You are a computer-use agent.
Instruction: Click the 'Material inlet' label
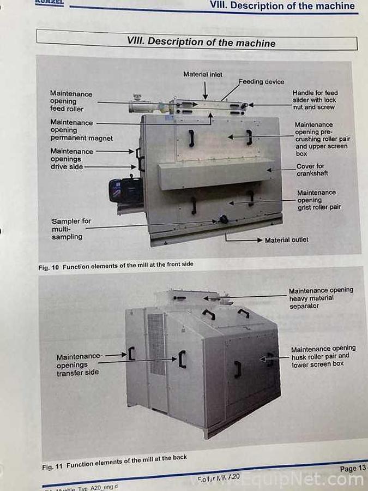coord(203,74)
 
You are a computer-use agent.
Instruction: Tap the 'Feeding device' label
coord(261,82)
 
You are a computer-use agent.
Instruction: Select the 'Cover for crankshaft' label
coord(310,170)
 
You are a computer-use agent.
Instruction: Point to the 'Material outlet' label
coord(286,240)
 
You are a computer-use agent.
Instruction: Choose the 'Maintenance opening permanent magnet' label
coord(81,130)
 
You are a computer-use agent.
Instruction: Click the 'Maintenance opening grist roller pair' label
coord(319,200)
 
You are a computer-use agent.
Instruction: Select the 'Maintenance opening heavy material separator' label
coord(321,298)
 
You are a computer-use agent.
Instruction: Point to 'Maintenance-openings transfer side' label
coord(79,364)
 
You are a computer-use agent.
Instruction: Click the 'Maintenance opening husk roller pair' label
coord(323,356)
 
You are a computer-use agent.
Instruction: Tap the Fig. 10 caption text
coord(116,266)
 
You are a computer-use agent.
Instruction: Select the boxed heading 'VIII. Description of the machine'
coord(201,42)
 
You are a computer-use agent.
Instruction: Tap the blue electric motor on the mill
coord(125,191)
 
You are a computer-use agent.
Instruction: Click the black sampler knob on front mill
coord(222,219)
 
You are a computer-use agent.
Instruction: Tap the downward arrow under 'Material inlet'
coord(205,89)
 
